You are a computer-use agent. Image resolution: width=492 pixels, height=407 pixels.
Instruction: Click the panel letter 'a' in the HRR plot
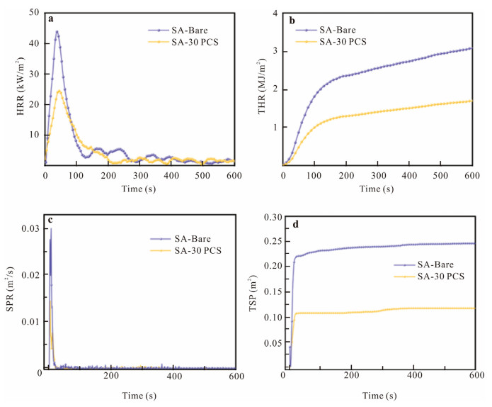coord(51,19)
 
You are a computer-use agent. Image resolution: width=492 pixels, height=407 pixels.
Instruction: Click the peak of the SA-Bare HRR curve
coord(57,31)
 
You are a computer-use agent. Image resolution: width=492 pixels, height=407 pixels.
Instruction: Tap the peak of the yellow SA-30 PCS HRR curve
coord(59,91)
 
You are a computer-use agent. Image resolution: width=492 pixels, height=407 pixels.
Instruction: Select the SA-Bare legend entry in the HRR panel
coord(167,30)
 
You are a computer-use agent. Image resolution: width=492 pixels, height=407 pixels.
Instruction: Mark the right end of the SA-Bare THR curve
coord(471,48)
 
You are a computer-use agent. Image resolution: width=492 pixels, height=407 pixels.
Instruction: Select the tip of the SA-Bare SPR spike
coord(50,228)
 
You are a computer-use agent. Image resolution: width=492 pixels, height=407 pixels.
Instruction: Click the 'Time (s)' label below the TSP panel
coord(379,398)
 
